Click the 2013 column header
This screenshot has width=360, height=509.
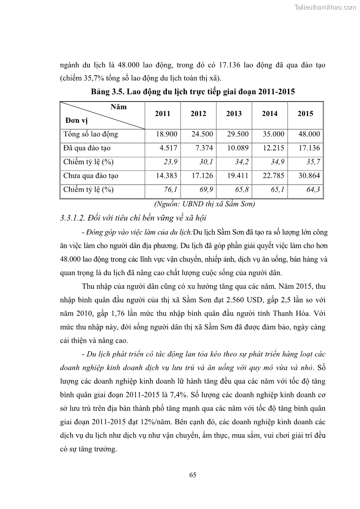[234, 114]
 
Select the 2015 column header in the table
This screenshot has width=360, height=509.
[305, 114]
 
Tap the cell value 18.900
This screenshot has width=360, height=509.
[166, 134]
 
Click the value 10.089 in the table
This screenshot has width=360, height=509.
[237, 148]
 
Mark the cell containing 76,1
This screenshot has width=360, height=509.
[170, 189]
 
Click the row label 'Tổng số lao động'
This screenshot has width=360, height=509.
[91, 134]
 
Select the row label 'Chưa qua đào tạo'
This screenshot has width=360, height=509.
[91, 176]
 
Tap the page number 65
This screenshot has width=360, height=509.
[193, 475]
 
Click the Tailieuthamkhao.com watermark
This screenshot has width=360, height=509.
[325, 7]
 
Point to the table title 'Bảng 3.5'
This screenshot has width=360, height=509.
[106, 92]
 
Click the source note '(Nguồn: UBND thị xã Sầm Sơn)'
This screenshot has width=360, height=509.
[204, 204]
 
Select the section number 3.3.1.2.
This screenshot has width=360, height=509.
[73, 218]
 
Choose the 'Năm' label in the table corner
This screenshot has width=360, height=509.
[118, 107]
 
